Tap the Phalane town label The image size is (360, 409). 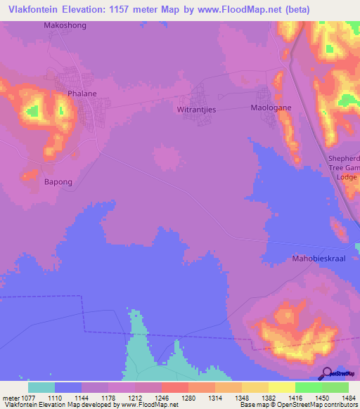(81, 92)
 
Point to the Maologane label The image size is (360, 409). (271, 108)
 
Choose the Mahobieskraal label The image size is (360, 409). (320, 259)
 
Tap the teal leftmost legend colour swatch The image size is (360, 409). (41, 387)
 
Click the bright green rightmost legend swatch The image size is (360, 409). (335, 387)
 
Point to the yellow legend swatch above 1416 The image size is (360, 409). (282, 387)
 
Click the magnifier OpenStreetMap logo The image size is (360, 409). (327, 375)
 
